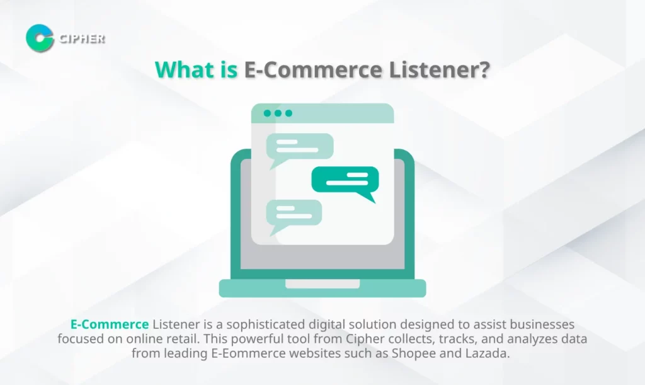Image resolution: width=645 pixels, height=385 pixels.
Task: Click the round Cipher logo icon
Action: click(40, 38)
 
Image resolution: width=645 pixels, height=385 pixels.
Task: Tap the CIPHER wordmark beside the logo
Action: click(82, 38)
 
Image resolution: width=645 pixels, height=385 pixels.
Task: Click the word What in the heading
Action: click(185, 69)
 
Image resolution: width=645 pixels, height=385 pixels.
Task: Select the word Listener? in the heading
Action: click(439, 69)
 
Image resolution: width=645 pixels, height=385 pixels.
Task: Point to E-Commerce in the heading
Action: click(314, 69)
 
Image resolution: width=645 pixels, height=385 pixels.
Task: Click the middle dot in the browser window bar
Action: click(278, 113)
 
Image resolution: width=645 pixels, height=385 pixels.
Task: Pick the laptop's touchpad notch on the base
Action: click(322, 284)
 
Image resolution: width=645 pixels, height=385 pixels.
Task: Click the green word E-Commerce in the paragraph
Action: click(110, 324)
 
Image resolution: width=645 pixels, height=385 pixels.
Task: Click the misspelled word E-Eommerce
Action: click(248, 353)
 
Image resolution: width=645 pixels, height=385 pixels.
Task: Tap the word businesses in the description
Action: click(542, 324)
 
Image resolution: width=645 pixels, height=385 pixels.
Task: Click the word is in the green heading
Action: click(229, 69)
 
